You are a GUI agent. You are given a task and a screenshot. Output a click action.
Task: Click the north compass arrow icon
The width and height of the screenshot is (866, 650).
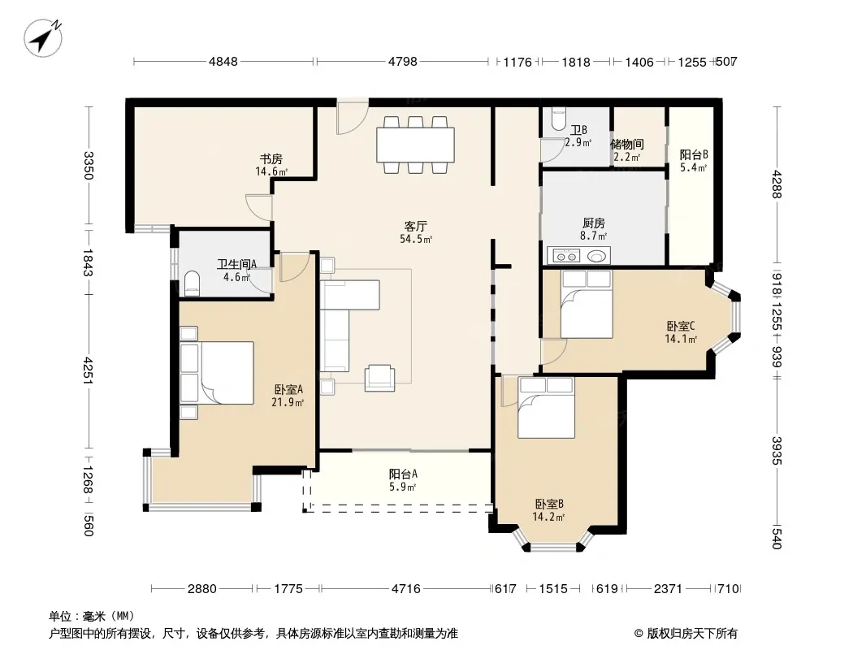(43, 37)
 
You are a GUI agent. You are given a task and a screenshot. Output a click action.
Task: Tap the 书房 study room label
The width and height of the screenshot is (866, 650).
(271, 159)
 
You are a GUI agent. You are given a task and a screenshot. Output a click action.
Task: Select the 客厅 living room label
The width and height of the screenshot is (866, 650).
(416, 227)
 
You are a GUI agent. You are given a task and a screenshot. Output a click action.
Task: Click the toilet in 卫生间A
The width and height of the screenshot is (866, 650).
(192, 281)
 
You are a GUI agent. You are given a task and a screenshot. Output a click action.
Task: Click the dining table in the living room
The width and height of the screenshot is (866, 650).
(415, 145)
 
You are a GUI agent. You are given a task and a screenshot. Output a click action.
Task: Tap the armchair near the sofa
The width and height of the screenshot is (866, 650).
(380, 379)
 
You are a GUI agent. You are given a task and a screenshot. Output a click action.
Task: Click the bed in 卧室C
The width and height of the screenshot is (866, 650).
(587, 304)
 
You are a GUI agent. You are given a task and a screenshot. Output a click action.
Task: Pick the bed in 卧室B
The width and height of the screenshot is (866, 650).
(546, 408)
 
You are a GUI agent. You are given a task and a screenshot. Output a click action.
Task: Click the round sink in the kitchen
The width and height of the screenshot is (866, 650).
(596, 256)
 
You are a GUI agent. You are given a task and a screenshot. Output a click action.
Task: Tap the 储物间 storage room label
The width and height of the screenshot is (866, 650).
(627, 144)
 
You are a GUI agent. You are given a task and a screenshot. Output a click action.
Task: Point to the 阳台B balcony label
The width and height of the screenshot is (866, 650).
(694, 155)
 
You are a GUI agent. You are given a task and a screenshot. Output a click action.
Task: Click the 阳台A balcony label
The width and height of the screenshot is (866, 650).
(403, 474)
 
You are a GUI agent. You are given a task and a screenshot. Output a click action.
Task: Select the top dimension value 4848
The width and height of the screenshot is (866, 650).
(223, 62)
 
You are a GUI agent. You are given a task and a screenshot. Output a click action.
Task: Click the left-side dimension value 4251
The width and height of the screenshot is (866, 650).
(88, 370)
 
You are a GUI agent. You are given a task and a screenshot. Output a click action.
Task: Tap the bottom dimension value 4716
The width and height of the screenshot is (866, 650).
(406, 589)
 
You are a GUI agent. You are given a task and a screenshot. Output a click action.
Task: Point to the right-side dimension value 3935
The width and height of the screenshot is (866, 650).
(777, 451)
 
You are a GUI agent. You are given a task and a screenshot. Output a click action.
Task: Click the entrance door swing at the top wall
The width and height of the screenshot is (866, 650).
(353, 116)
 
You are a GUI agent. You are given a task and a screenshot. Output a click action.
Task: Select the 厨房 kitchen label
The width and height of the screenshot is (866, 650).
(594, 223)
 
